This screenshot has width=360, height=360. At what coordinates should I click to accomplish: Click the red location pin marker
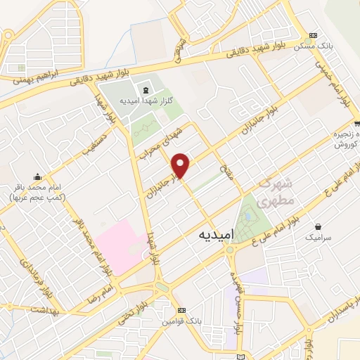point(181,165)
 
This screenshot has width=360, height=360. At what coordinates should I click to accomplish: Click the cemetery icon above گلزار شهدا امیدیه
point(145,90)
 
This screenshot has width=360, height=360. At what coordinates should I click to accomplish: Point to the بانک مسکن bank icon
point(313,35)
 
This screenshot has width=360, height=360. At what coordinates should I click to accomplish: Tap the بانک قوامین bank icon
point(182,310)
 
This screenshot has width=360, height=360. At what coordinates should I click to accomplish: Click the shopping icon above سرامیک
point(320,227)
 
